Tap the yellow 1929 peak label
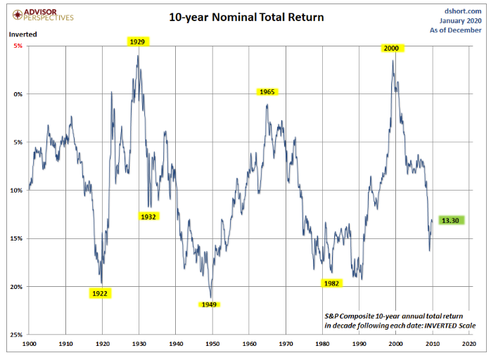[x=137, y=42]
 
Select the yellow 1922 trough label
[x=99, y=293]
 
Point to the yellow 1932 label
[x=148, y=217]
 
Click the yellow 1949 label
[x=208, y=304]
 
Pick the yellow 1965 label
[x=267, y=92]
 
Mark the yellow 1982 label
[x=332, y=283]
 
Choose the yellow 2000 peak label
[x=391, y=48]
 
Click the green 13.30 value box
[x=451, y=221]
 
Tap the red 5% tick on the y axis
[x=18, y=46]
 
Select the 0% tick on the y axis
[x=18, y=94]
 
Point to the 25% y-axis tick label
[x=17, y=335]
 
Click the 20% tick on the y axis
[x=17, y=286]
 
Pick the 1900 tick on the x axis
[x=29, y=345]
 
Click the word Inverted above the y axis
[x=23, y=33]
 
